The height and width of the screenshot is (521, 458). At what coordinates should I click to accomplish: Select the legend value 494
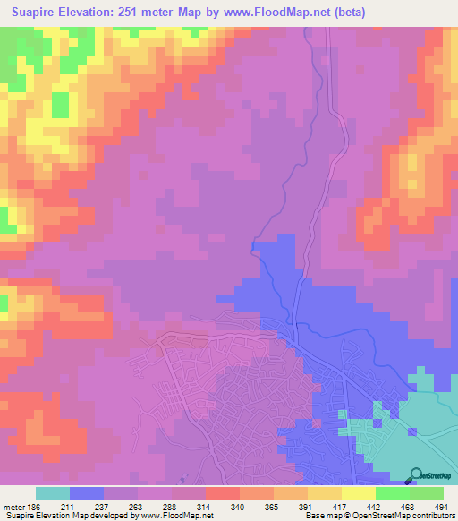coord(437,507)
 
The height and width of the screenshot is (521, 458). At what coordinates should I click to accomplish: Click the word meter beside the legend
coord(13,507)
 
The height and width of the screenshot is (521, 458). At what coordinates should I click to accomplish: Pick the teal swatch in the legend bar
coord(53,493)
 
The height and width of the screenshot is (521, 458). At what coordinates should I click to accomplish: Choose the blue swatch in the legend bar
coord(87,493)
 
